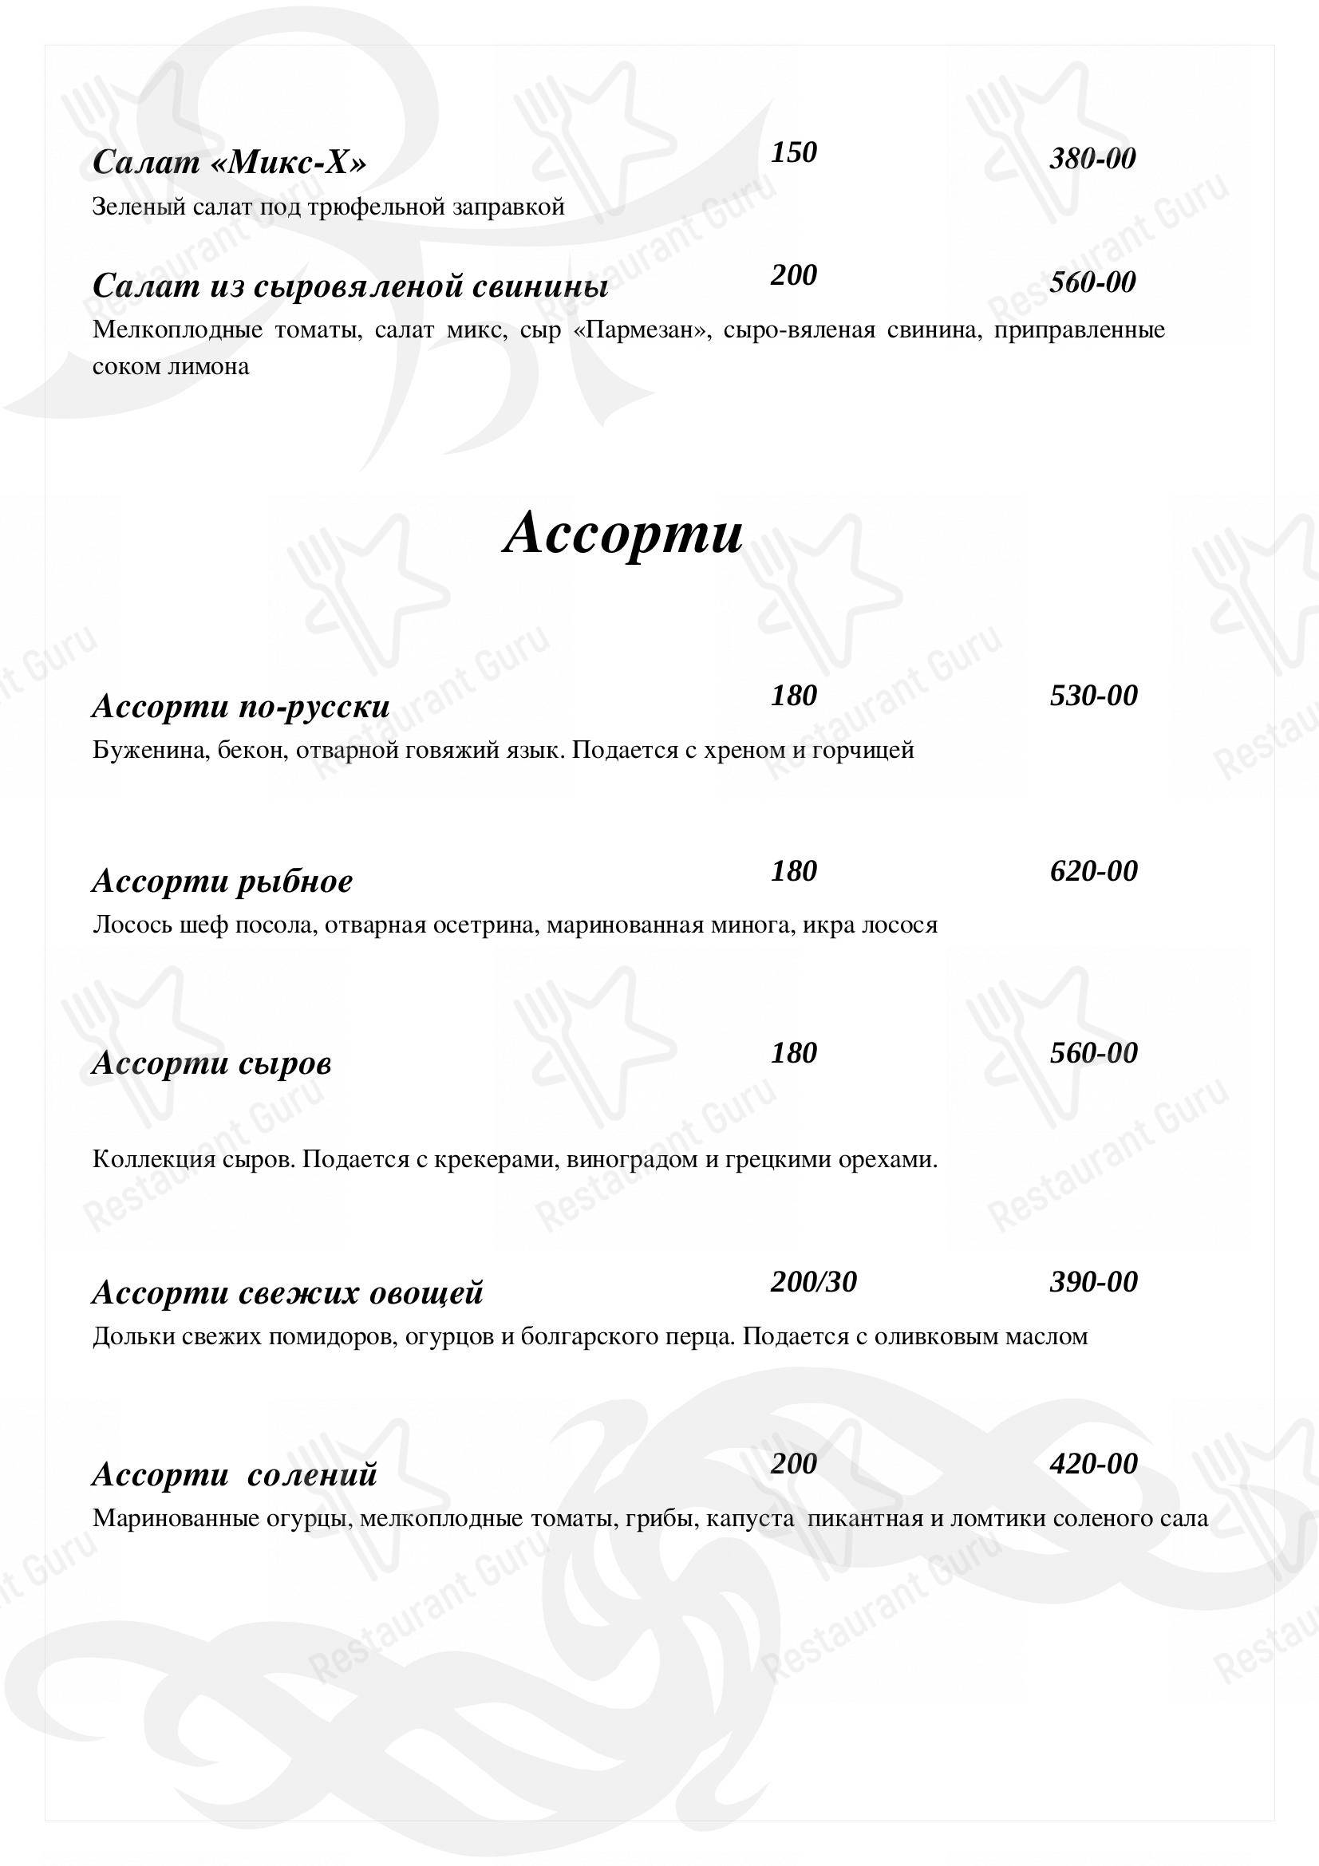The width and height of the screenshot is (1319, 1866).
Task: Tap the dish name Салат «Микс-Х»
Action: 229,164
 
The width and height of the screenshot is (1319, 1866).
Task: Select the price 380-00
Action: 1092,159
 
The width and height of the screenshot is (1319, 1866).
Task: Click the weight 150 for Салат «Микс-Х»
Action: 793,153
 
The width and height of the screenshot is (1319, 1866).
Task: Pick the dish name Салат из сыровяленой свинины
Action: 350,286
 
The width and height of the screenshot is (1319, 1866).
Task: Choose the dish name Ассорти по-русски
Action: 240,707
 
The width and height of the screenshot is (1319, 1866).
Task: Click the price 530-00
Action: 1093,696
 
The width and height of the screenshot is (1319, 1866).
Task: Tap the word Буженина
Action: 143,749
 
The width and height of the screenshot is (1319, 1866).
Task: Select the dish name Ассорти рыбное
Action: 223,882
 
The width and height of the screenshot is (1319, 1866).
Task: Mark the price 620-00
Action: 1093,871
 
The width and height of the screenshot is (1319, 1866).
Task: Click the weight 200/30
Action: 814,1283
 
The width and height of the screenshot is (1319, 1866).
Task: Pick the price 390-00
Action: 1093,1283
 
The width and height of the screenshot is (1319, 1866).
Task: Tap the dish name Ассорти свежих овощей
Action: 288,1293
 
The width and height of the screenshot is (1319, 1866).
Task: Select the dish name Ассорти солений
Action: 235,1475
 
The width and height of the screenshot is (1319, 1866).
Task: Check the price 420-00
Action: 1093,1465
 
